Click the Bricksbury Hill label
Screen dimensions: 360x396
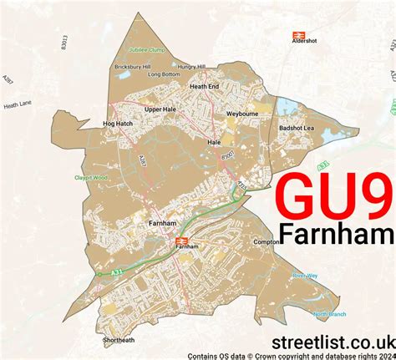[133, 66]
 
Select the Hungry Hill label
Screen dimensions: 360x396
[191, 66]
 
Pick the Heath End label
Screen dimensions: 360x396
[204, 86]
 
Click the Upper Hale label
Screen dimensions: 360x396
[160, 109]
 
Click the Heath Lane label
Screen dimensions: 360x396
[17, 106]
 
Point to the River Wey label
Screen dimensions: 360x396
[305, 276]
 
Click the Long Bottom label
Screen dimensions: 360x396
[164, 74]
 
